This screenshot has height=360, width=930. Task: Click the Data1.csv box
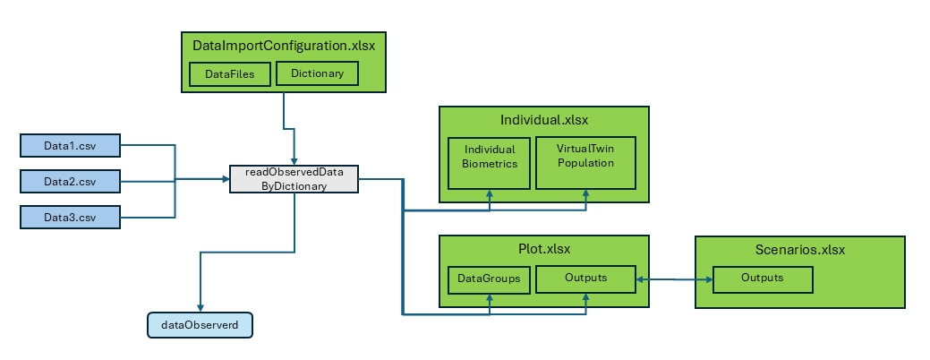70,144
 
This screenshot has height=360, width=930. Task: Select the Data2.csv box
70,182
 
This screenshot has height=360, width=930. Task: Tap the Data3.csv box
70,218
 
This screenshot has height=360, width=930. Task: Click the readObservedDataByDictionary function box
294,179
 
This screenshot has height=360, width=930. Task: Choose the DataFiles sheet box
230,74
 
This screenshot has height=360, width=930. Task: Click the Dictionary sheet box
317,73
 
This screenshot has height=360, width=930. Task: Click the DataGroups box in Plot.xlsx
490,279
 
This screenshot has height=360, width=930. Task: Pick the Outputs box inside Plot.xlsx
585,279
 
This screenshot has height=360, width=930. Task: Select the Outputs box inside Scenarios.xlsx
763,279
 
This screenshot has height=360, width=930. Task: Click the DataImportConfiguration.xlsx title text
283,44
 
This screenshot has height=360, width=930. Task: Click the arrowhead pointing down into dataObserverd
200,307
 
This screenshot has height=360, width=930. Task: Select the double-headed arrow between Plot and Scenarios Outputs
674,279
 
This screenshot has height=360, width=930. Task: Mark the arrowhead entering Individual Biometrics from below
490,194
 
